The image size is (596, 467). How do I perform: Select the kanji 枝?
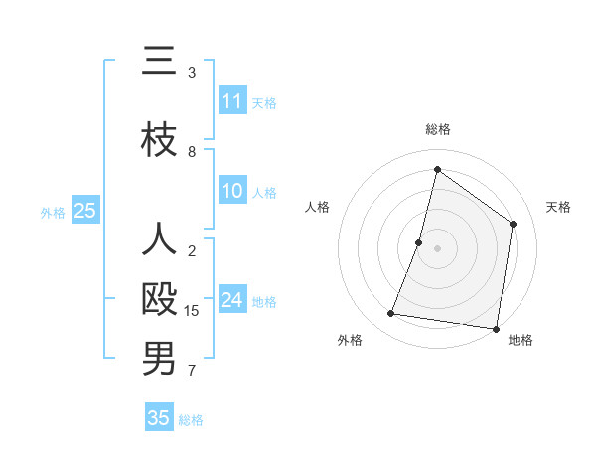click(x=159, y=139)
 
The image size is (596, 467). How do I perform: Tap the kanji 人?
click(x=159, y=241)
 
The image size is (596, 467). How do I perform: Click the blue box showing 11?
click(x=232, y=101)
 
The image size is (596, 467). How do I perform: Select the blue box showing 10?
click(x=232, y=192)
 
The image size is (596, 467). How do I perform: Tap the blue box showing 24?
click(x=232, y=300)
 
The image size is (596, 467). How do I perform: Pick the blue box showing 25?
click(x=84, y=211)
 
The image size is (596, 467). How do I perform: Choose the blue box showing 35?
click(x=159, y=418)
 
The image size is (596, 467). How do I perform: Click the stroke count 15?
click(x=192, y=311)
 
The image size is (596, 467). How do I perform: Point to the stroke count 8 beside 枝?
click(x=192, y=152)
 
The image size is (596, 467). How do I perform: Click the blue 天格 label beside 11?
click(x=264, y=102)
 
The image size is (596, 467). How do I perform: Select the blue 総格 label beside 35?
click(x=191, y=420)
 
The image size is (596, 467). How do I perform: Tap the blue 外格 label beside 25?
click(x=53, y=212)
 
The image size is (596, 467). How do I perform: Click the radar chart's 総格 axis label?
click(x=438, y=129)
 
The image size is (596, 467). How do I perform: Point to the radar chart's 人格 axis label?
click(x=317, y=207)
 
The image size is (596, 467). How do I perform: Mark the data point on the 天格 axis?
click(x=514, y=224)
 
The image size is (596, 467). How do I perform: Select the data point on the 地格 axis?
click(x=496, y=328)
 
